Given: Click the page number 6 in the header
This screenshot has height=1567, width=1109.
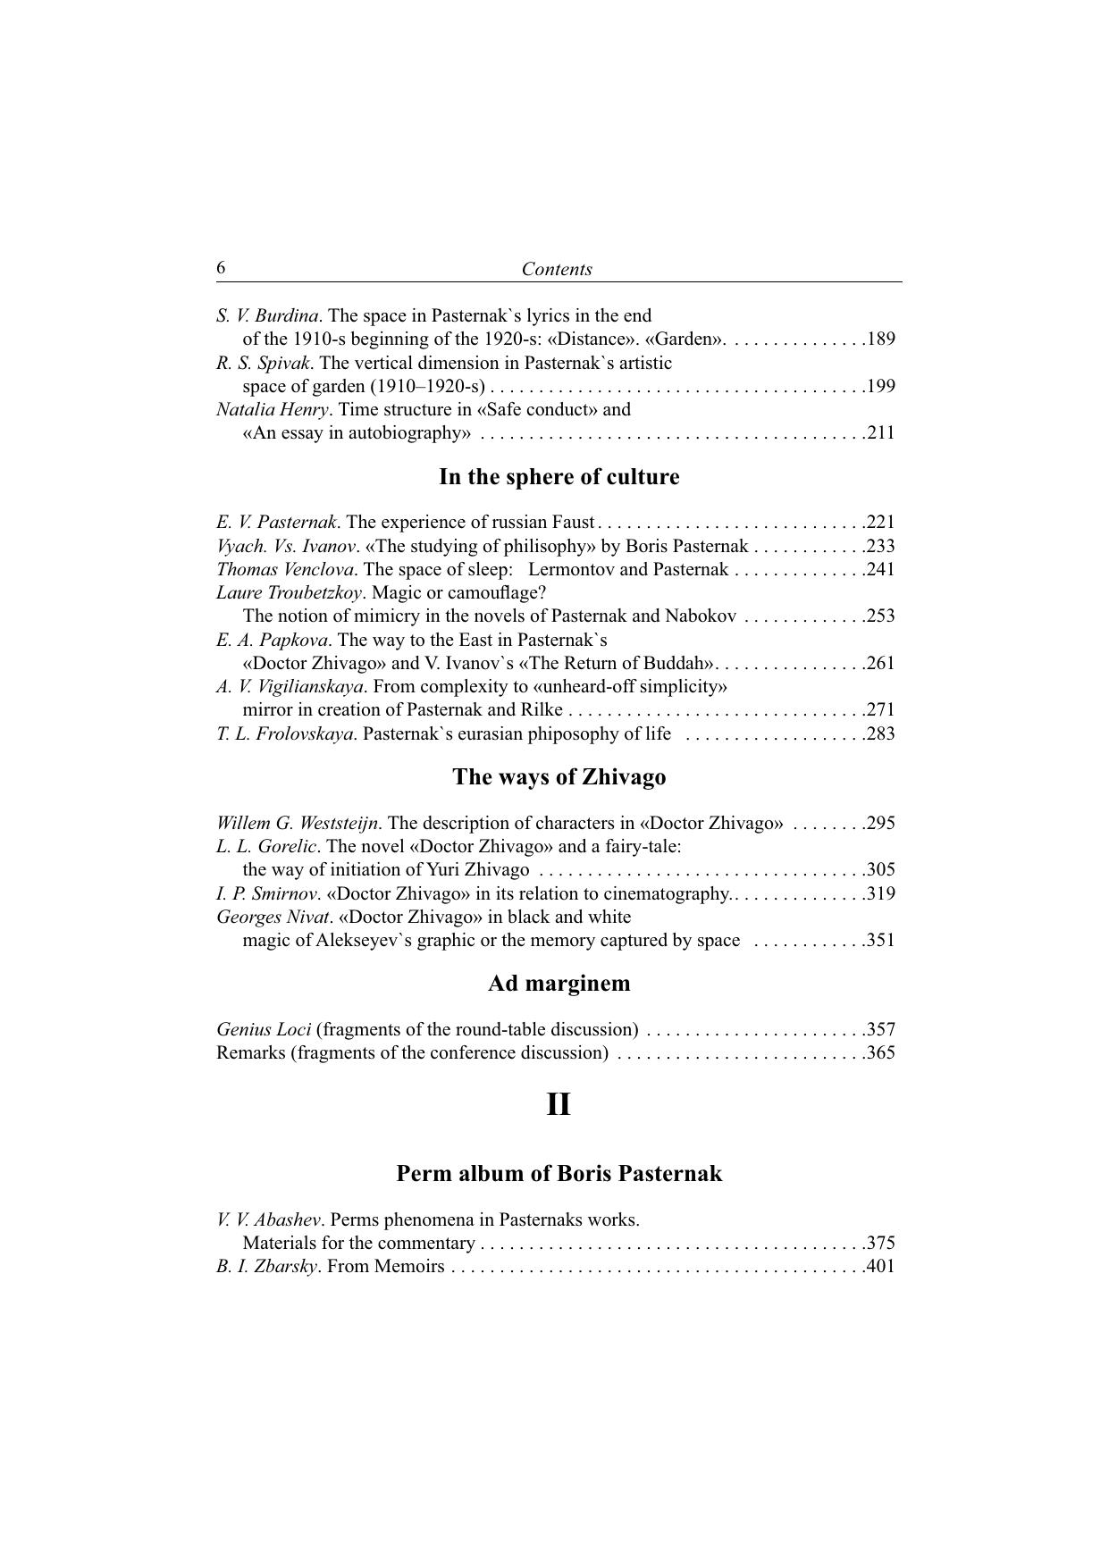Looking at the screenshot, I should [221, 268].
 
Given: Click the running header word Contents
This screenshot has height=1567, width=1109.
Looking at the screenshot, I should [557, 269].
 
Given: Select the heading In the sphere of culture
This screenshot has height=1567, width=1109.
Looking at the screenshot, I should [559, 477].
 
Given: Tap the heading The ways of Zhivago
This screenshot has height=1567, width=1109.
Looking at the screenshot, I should [559, 777].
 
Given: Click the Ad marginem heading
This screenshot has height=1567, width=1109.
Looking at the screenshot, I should [559, 984].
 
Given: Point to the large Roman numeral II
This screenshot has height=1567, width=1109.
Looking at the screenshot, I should [559, 1105].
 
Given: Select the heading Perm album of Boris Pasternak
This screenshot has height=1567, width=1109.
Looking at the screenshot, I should [559, 1173].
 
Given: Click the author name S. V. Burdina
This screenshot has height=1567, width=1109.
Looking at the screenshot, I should [267, 315].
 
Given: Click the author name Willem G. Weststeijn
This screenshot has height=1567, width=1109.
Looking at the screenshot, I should [298, 823].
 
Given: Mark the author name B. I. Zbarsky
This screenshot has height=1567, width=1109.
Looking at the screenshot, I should [266, 1266].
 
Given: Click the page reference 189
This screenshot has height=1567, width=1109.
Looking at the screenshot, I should [881, 339].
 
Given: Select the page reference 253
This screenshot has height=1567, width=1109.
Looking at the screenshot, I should [881, 616].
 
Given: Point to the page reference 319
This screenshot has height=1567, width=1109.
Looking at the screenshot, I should [881, 893].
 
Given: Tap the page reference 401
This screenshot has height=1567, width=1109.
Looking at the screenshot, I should [881, 1266].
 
